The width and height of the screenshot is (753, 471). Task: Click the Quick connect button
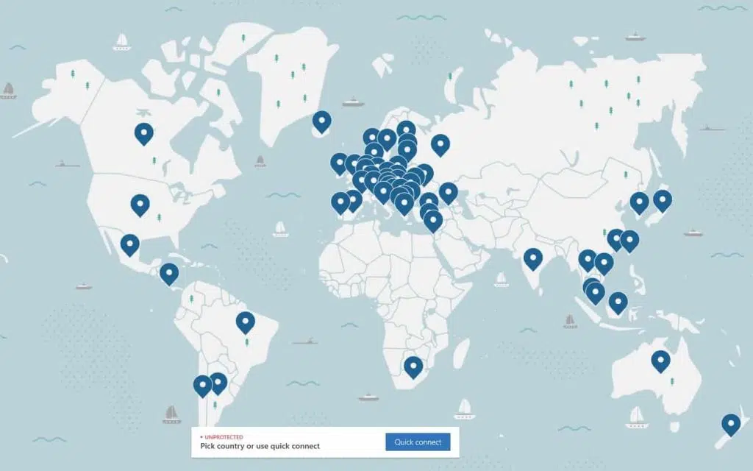click(418, 442)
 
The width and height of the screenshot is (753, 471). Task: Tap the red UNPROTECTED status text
click(224, 437)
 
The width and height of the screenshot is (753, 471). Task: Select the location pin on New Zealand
click(730, 425)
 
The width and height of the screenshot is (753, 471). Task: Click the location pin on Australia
click(660, 361)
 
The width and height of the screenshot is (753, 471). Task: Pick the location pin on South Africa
click(413, 366)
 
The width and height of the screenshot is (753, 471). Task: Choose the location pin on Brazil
click(245, 322)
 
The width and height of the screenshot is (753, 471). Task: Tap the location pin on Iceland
click(321, 121)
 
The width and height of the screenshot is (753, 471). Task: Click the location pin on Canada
click(144, 133)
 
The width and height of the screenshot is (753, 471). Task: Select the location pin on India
click(532, 258)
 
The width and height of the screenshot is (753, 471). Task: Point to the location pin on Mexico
click(130, 244)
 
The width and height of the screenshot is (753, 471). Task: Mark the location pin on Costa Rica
click(169, 274)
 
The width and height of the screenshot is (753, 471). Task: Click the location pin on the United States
click(140, 204)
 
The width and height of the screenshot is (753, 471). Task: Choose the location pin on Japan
click(662, 200)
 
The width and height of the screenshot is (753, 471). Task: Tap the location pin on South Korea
click(639, 202)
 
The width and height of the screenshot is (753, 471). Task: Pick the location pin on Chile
click(202, 386)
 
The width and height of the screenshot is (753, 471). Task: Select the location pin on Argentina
click(218, 383)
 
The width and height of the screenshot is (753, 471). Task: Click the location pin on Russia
click(440, 144)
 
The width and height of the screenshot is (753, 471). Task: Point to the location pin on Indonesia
click(618, 302)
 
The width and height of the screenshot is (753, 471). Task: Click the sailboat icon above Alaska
click(122, 41)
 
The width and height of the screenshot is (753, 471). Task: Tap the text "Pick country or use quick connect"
click(260, 446)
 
